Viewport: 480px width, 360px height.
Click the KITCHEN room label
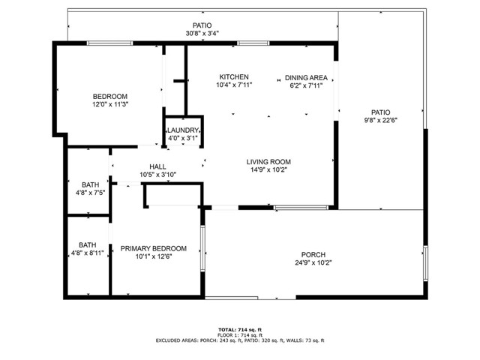(x=233, y=77)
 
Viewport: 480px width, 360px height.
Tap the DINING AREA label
(x=305, y=77)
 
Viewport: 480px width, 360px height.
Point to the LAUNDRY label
(x=182, y=130)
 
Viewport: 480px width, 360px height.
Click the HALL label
(x=157, y=167)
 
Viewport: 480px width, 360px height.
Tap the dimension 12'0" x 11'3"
(x=109, y=105)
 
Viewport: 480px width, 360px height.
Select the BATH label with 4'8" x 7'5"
(x=90, y=184)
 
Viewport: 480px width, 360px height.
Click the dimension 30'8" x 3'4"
(x=202, y=34)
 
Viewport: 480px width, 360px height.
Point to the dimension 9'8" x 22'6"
(x=381, y=120)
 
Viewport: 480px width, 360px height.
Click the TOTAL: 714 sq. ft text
(x=239, y=329)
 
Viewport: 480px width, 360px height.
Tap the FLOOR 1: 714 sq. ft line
(x=239, y=335)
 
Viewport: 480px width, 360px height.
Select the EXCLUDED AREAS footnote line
(x=239, y=341)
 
